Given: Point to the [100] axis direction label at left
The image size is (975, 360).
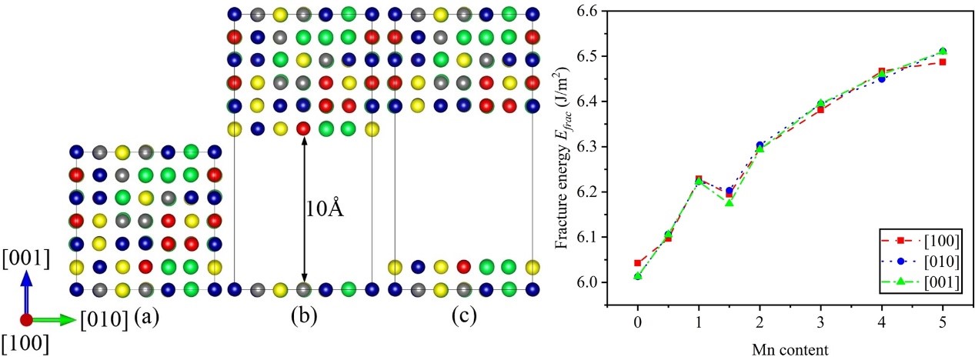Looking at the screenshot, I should pos(25,345).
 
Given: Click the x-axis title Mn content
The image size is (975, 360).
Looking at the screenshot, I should pos(790,350).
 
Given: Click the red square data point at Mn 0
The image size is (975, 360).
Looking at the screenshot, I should pos(638,263).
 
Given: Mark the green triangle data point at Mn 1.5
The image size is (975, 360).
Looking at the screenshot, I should pos(730,202).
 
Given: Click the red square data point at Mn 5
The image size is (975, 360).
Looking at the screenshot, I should pos(943,62).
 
